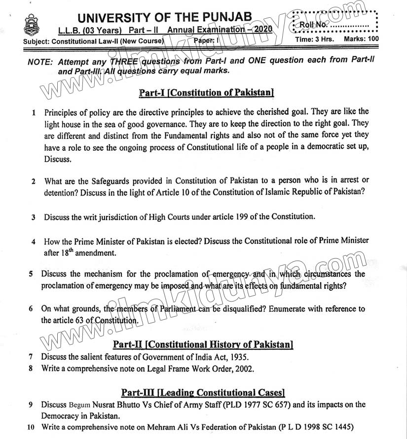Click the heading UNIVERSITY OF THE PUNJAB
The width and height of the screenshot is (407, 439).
pyautogui.click(x=165, y=17)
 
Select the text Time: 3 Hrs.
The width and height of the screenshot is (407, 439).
pyautogui.click(x=314, y=38)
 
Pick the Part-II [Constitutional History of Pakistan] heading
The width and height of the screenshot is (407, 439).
pyautogui.click(x=203, y=344)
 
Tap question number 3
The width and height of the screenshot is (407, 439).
pyautogui.click(x=33, y=217)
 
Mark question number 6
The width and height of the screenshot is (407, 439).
pyautogui.click(x=31, y=309)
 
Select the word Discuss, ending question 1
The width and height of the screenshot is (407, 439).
pyautogui.click(x=58, y=159)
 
